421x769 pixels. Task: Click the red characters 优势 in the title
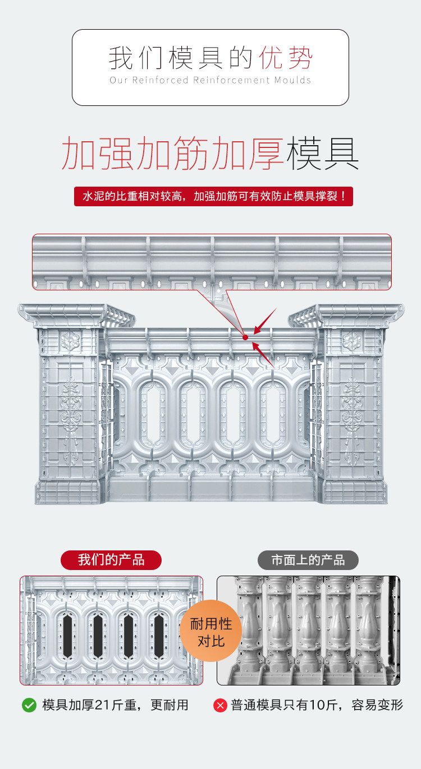285,58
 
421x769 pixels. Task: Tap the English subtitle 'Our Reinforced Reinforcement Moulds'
210,80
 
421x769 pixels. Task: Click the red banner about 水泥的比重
213,197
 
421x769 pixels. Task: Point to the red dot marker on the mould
245,337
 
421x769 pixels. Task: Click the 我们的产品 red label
111,560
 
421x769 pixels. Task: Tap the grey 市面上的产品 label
308,560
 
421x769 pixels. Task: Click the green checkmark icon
29,705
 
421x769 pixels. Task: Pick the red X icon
220,705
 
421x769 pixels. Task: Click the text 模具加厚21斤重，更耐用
115,705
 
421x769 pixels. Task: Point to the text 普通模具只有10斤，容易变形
317,705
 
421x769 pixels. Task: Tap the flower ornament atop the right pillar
352,340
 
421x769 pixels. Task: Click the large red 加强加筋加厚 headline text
172,152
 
